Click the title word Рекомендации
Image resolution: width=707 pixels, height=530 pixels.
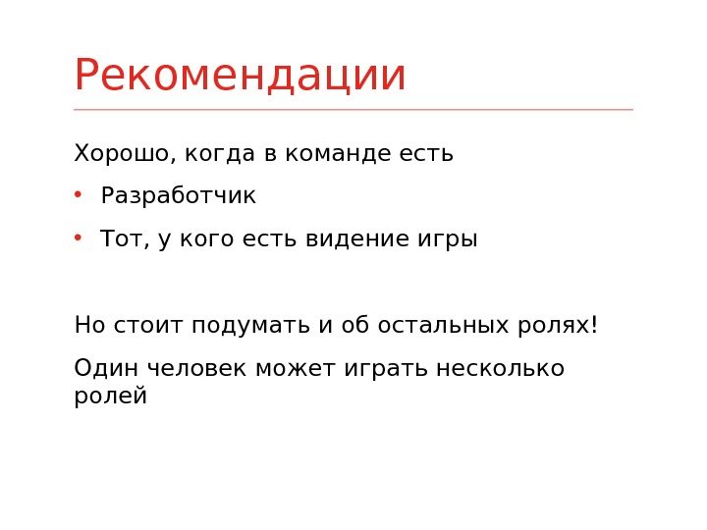(240, 77)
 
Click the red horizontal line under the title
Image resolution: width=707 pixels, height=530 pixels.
(353, 110)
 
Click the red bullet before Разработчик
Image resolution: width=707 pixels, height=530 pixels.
(79, 194)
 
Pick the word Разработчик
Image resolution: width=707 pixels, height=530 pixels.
(178, 196)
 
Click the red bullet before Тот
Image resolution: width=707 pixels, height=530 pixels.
(79, 238)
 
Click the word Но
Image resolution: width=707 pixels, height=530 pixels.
(86, 325)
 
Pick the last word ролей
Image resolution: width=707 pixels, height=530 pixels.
(110, 397)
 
